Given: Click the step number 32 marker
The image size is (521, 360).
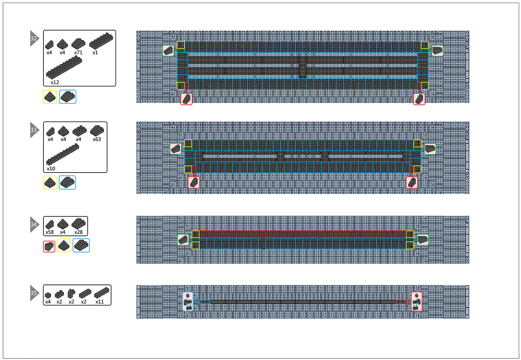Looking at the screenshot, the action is (x=34, y=38).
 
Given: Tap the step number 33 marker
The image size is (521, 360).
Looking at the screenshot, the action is (x=34, y=130).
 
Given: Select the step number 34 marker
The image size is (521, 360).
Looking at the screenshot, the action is (x=34, y=225).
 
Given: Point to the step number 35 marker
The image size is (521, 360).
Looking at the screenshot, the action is (x=34, y=293).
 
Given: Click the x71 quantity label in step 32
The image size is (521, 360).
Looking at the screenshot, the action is (x=78, y=52).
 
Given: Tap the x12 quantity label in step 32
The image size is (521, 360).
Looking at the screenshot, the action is (x=55, y=83).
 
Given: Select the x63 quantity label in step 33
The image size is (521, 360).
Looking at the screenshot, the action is (x=97, y=139).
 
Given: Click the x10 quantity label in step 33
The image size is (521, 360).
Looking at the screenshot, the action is (x=51, y=169).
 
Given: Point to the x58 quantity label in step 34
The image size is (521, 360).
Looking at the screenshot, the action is (x=49, y=232).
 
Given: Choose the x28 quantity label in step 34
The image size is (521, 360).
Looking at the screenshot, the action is (x=78, y=232).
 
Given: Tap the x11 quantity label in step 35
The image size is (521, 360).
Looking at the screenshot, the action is (x=100, y=302).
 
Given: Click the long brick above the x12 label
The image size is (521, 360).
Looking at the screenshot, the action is (x=64, y=67).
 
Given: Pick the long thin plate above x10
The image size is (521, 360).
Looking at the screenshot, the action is (x=63, y=154).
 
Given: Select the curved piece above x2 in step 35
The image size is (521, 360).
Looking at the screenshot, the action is (x=71, y=294).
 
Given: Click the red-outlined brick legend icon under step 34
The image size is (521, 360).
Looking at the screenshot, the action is (x=49, y=247).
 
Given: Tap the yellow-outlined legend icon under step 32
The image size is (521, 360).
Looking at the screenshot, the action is (x=50, y=97).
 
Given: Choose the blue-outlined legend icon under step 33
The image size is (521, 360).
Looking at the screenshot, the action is (x=67, y=183).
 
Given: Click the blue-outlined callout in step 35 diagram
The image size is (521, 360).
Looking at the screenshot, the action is (x=188, y=302).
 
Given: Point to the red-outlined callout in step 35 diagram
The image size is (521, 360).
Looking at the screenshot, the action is (x=417, y=302).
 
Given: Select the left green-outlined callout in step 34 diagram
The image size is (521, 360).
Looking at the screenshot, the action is (x=183, y=240).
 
